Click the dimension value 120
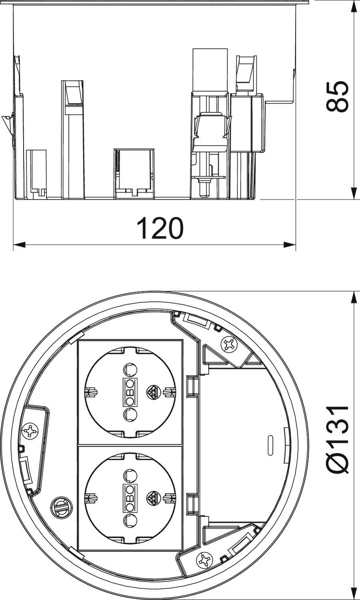pos(160,228)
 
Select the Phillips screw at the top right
pos(229,344)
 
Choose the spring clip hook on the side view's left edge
pos(7,124)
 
